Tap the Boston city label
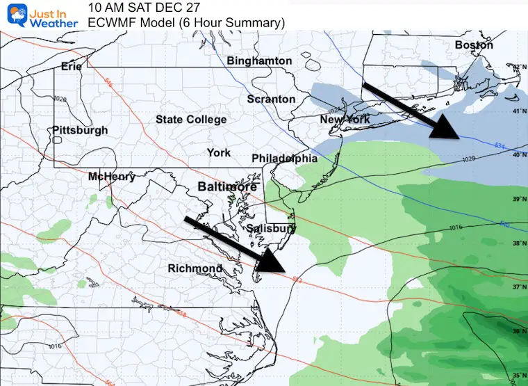coord(474,45)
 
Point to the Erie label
coord(72,67)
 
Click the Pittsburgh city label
coord(80,130)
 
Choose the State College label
coord(191,120)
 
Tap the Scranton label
coord(271,99)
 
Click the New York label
coord(345,120)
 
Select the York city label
coord(219,152)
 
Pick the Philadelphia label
coord(285,159)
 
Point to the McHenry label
coord(112,177)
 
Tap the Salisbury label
coord(272,228)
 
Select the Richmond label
coord(195,268)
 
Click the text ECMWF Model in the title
coord(128,23)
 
